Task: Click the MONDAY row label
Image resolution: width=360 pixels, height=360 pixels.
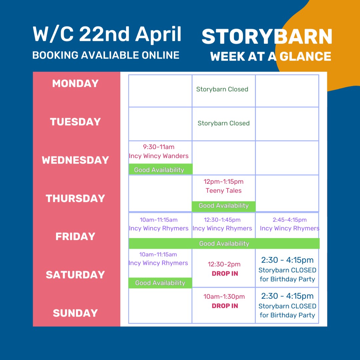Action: coord(75,83)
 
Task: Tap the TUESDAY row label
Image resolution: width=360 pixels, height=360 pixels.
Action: coord(75,122)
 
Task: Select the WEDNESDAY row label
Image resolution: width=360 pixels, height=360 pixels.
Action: coord(75,160)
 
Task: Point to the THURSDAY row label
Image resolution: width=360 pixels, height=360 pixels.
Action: coord(75,198)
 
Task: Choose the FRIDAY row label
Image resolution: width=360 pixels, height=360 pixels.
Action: coord(75,236)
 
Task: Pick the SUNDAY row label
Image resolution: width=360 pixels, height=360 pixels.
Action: coord(75,313)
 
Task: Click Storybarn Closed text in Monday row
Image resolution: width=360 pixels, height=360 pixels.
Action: coord(222,89)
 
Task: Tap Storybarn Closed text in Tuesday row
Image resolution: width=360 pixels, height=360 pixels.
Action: coord(224,123)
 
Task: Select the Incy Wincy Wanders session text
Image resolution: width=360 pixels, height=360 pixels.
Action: coord(159,156)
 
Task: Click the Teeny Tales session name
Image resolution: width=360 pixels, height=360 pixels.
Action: coord(224,191)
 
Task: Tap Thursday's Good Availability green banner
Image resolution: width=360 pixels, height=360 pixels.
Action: coord(224,206)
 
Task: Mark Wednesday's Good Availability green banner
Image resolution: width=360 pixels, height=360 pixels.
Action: coord(159,170)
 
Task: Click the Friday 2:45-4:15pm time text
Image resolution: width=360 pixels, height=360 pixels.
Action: coord(290,220)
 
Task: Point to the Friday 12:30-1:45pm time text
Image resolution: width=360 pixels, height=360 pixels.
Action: coord(222,220)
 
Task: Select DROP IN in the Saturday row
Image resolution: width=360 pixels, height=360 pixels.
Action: coord(225,274)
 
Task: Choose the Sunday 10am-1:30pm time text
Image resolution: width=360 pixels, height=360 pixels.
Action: coord(224,297)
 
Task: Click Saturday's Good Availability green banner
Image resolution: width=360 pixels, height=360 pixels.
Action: coord(160,283)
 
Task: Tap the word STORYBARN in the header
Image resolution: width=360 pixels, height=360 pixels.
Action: coord(267,37)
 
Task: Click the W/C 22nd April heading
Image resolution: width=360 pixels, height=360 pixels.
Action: coord(107,34)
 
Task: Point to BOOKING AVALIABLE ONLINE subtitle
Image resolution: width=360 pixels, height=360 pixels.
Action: coord(106,55)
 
